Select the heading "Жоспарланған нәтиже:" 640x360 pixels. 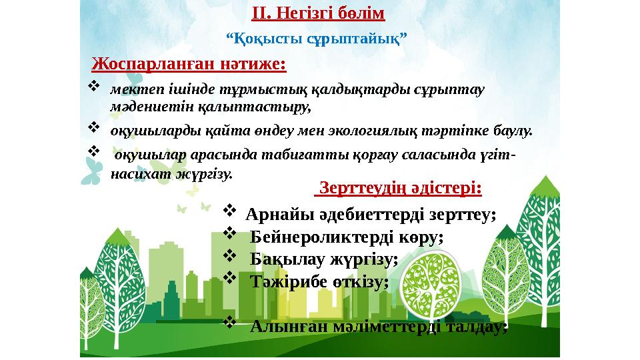pos(189,64)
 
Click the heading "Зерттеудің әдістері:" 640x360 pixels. pos(399,189)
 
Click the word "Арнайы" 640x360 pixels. pos(273,215)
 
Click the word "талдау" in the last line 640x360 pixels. pos(473,327)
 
